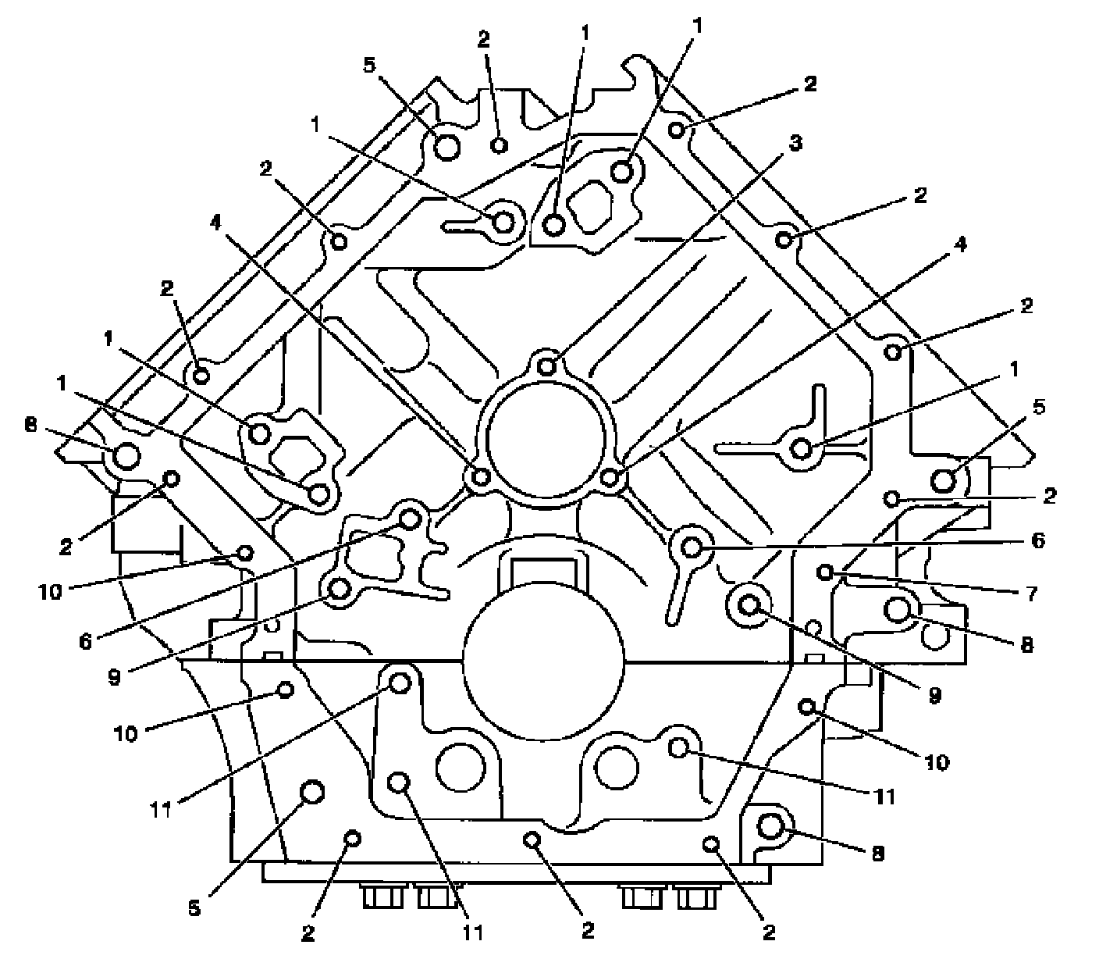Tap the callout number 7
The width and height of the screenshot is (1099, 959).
pyautogui.click(x=1032, y=594)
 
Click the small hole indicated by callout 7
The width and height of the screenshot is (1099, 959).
pyautogui.click(x=826, y=572)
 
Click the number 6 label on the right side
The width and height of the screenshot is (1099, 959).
pyautogui.click(x=1036, y=540)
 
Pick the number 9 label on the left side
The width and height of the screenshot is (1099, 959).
pyautogui.click(x=115, y=676)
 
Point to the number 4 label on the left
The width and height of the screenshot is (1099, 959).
pyautogui.click(x=215, y=223)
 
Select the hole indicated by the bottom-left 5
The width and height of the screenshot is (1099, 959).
pyautogui.click(x=313, y=792)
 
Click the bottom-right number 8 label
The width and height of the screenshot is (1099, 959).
pyautogui.click(x=878, y=854)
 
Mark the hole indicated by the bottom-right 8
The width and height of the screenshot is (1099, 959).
pyautogui.click(x=770, y=828)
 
